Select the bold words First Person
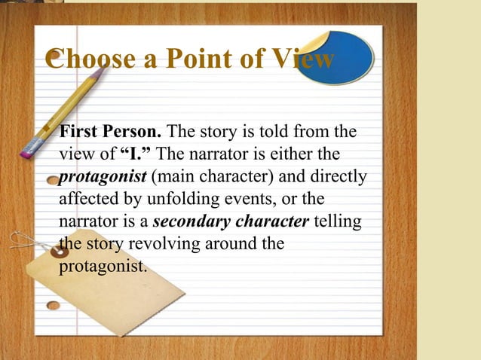(106, 133)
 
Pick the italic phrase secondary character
(230, 222)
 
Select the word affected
(86, 200)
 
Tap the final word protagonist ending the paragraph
(100, 266)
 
